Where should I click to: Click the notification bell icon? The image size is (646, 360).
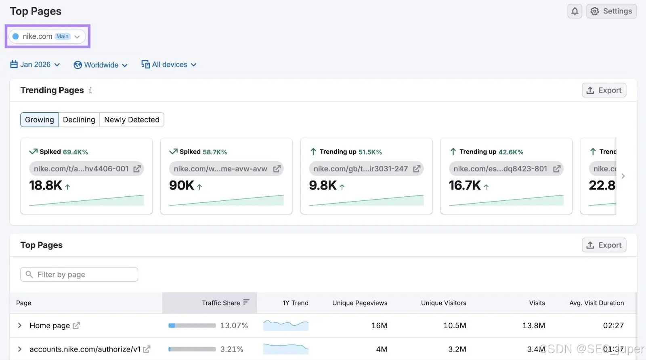point(575,11)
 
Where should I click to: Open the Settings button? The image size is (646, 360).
point(611,11)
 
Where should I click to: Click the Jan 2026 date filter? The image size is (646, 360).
point(35,64)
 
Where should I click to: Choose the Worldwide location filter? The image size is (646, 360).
point(101,65)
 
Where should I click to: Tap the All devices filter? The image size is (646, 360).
point(169,64)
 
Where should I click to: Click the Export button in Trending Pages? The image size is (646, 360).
point(604,90)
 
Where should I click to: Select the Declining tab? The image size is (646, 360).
point(79,120)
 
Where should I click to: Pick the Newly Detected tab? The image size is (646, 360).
point(132,120)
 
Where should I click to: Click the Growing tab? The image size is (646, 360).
point(40,120)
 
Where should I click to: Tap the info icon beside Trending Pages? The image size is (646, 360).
point(90,91)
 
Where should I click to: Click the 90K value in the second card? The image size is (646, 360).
point(181,185)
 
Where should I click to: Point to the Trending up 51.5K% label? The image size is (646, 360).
point(346,152)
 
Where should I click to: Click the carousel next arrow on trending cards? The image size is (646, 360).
point(623,176)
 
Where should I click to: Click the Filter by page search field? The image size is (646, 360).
point(79,274)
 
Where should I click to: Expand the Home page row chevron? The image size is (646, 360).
point(20,325)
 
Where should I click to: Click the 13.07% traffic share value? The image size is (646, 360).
point(234,325)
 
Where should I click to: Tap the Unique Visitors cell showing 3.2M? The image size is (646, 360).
point(457,349)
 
